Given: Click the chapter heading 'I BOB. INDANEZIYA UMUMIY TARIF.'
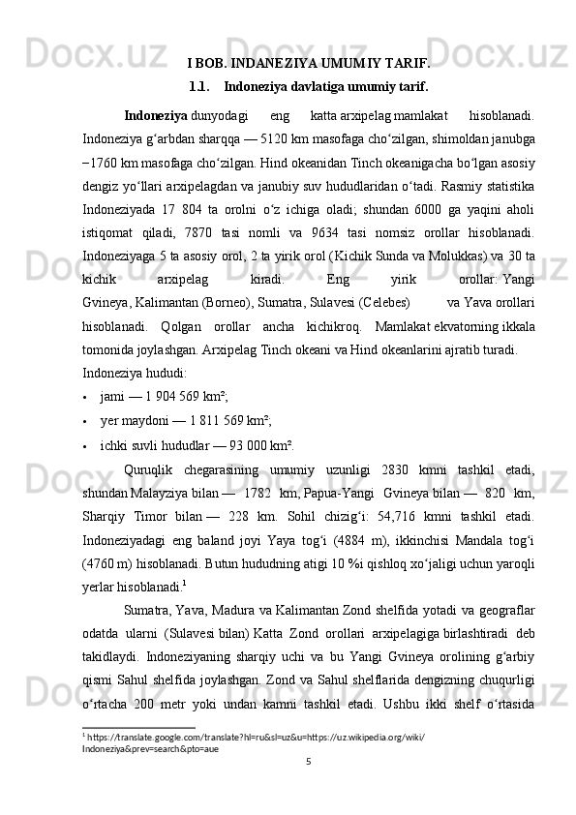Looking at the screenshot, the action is coord(308,65).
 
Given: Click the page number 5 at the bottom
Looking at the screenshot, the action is coord(308,787).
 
